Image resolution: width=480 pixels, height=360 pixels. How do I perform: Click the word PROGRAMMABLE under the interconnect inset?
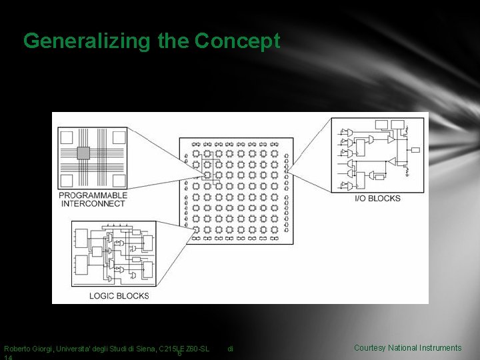click(x=93, y=195)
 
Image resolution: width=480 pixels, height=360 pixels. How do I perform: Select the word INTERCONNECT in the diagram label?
click(x=93, y=204)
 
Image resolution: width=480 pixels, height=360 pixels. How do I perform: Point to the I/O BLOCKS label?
click(x=377, y=198)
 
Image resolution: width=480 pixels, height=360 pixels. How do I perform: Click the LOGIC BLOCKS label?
click(x=120, y=295)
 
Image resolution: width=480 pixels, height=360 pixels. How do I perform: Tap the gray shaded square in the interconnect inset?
click(x=83, y=153)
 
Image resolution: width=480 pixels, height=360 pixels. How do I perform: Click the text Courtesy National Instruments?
click(x=407, y=348)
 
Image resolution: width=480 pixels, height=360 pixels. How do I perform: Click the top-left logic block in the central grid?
click(x=196, y=153)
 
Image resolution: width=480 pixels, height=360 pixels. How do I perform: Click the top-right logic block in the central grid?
click(x=275, y=153)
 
